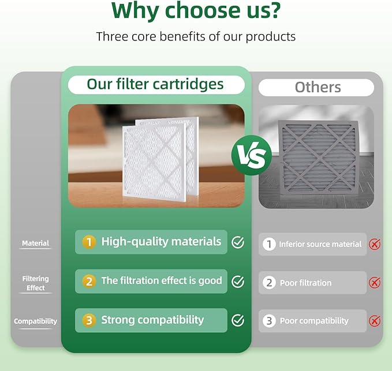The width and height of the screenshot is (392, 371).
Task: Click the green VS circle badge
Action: (252, 155)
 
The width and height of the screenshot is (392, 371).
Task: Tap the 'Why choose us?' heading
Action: (196, 10)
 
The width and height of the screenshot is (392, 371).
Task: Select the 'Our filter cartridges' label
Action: (155, 84)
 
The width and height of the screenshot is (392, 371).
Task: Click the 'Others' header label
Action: (318, 87)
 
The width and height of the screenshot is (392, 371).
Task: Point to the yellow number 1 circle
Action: (89, 242)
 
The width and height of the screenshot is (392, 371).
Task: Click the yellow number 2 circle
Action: (89, 282)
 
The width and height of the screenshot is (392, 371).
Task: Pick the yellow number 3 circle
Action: (89, 320)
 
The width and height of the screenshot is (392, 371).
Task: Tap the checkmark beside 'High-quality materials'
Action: (237, 242)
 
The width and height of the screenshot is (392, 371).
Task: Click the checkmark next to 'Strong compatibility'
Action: (237, 320)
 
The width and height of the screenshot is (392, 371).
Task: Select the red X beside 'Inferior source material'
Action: (375, 244)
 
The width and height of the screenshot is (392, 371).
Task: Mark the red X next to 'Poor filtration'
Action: (375, 283)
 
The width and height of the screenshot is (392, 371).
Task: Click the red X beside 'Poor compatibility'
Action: (375, 321)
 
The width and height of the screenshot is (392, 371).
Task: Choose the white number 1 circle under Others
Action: (269, 244)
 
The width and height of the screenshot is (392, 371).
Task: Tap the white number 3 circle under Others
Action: (269, 321)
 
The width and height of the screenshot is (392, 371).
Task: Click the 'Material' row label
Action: (35, 243)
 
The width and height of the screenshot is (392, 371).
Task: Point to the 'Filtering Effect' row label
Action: (35, 283)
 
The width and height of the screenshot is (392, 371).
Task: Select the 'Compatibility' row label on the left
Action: (35, 321)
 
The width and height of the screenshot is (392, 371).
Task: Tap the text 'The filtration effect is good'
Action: (162, 281)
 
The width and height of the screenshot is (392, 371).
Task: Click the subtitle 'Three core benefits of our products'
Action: (196, 37)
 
